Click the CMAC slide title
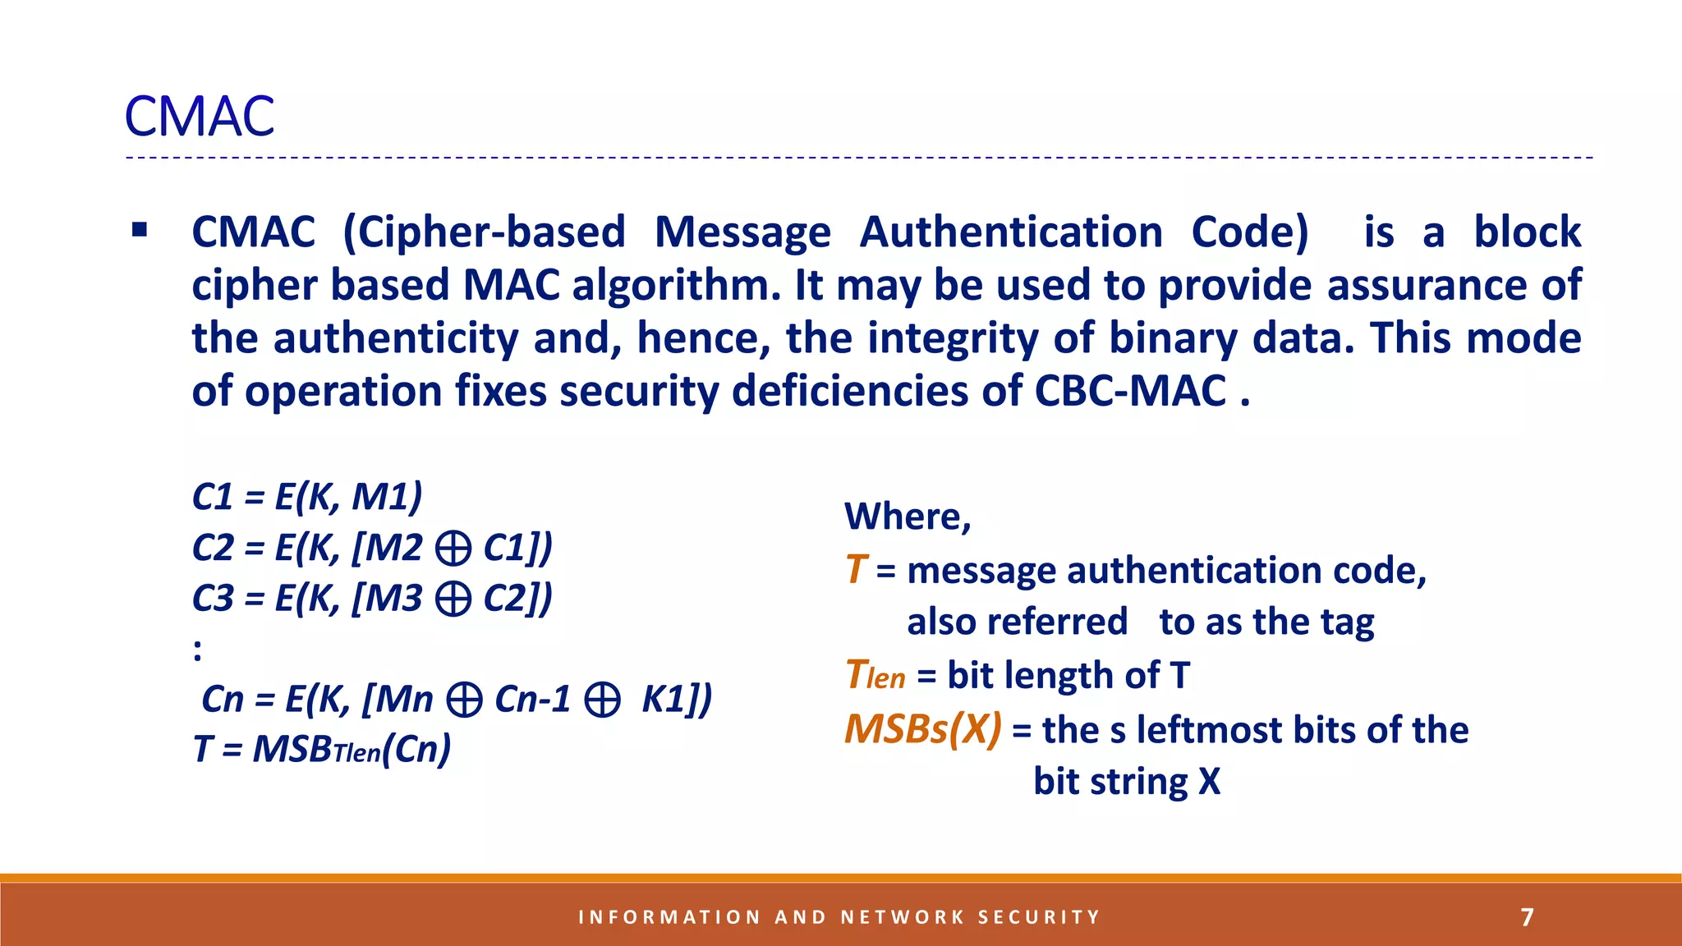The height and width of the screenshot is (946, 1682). point(200,117)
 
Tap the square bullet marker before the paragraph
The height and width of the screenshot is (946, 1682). point(140,230)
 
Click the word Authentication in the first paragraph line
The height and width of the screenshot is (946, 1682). point(1011,232)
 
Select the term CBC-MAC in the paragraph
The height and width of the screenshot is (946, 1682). point(1130,391)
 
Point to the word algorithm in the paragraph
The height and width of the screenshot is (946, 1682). point(676,286)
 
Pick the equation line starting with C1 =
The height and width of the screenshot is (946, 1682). point(307,497)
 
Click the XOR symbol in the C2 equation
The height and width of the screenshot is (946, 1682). point(453,549)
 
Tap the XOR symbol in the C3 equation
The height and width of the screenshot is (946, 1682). point(453,599)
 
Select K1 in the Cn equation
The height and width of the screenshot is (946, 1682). point(664,700)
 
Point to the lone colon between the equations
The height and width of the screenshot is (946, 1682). point(197,650)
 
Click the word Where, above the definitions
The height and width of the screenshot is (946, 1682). point(908,517)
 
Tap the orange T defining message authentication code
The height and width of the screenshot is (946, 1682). point(856,570)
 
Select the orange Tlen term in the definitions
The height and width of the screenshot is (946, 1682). point(875,676)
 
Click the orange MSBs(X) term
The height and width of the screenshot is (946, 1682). point(923,729)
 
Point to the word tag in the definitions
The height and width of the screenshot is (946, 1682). point(1348,622)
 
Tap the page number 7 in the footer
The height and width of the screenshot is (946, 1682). point(1527,917)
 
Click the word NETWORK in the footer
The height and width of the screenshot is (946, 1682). point(903,917)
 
